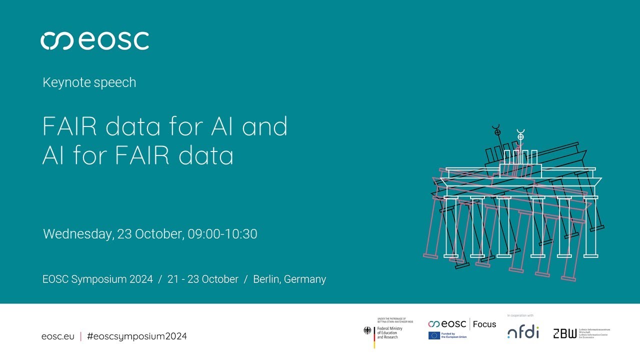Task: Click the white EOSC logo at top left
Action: point(94,40)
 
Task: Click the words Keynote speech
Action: point(89,82)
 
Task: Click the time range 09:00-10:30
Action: point(222,234)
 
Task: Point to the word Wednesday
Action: point(77,234)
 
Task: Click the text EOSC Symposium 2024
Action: point(97,279)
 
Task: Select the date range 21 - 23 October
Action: point(203,279)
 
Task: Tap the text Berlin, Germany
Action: point(289,279)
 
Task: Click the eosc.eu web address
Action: point(57,336)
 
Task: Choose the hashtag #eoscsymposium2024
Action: point(136,336)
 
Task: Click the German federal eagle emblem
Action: point(367,330)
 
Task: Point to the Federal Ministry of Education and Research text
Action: point(389,332)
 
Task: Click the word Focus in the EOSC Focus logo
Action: point(484,324)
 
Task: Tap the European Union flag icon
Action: point(434,335)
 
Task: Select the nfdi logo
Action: point(523,332)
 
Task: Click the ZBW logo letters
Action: point(564,333)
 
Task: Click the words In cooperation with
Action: point(520,315)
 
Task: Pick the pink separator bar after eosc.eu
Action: point(80,336)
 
